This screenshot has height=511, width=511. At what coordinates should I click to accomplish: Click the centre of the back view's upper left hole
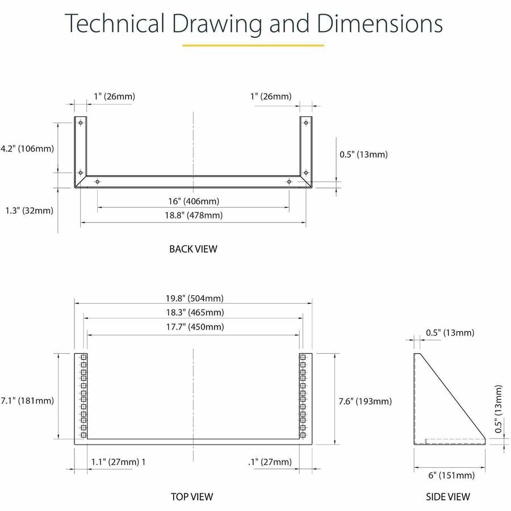coord(81,123)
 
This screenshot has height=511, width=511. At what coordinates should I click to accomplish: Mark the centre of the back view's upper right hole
coord(305,123)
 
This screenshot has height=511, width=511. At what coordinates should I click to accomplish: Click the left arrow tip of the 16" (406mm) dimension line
coord(98,207)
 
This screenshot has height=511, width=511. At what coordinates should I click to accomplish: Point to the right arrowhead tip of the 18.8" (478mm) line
coord(306,222)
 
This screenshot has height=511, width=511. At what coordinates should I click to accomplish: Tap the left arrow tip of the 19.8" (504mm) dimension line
coord(74,303)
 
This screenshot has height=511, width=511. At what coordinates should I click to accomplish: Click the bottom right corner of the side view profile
coord(485,444)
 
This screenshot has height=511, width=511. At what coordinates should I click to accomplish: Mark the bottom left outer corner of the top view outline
coord(74,445)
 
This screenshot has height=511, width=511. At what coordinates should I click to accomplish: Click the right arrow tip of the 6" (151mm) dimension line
coord(485,468)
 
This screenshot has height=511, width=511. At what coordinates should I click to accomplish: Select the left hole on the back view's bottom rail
coord(97,181)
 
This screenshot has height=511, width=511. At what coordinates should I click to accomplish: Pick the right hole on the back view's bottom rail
coord(289,181)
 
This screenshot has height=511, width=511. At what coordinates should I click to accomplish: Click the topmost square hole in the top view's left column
coord(83,357)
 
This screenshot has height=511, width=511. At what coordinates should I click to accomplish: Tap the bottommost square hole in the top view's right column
coord(303,435)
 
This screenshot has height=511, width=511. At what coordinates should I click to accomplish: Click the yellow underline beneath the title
coord(253,45)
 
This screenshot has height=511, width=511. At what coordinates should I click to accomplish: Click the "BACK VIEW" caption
coord(193,249)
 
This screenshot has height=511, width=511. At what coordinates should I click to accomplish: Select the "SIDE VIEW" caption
coord(448,497)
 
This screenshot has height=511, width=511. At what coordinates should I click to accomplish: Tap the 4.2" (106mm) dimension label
coord(27,149)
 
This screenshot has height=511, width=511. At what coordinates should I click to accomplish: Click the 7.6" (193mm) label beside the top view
coord(365,401)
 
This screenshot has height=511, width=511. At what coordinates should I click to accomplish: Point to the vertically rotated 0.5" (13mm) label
coord(499,409)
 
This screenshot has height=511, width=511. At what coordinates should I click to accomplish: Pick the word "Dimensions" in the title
coord(380,23)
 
